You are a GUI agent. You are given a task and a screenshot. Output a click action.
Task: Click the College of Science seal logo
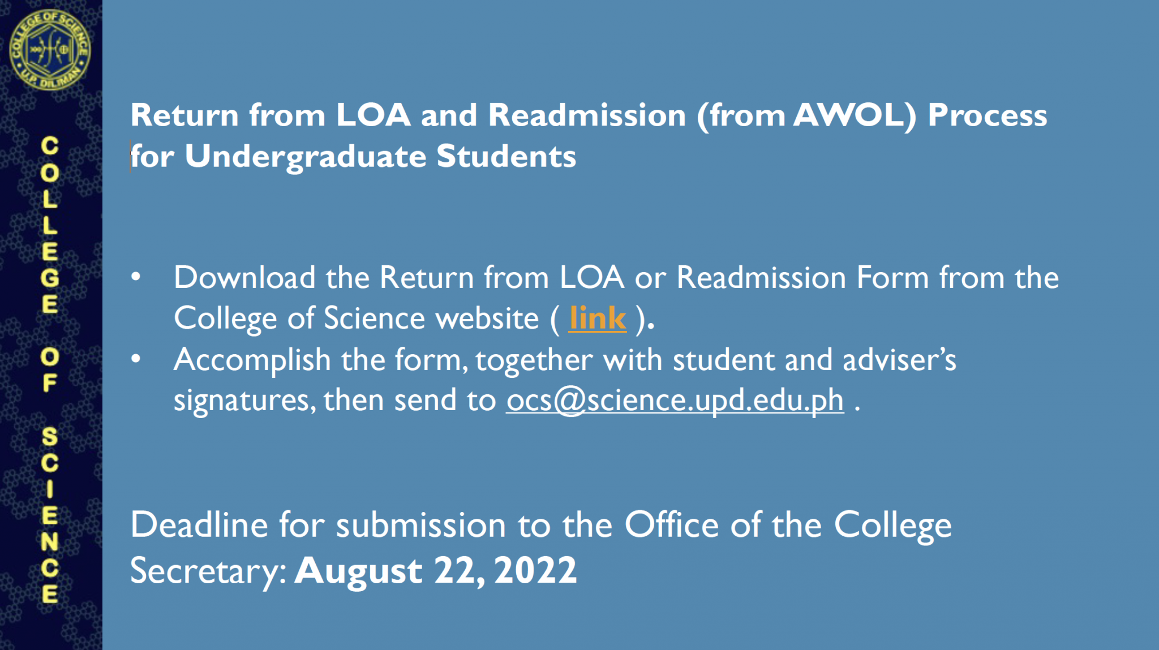tap(50, 50)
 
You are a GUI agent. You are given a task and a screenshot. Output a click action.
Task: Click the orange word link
tap(598, 318)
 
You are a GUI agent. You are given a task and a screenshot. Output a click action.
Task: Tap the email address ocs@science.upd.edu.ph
tap(675, 401)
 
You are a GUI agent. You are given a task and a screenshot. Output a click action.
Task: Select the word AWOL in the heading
tap(855, 115)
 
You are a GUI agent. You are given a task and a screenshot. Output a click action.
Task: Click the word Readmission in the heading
tap(587, 115)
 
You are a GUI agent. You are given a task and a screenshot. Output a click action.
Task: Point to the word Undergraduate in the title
tap(306, 157)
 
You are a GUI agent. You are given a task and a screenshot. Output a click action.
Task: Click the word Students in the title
tap(506, 156)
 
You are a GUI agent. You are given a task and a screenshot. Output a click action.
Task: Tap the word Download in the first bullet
tap(244, 277)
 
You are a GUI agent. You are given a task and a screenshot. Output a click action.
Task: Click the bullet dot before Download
tap(136, 277)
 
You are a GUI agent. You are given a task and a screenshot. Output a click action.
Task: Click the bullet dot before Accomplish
tap(136, 359)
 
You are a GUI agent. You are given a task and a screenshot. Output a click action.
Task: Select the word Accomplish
tap(252, 360)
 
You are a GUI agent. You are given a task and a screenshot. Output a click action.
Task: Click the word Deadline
tap(199, 524)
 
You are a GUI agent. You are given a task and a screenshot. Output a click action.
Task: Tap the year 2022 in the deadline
tap(535, 570)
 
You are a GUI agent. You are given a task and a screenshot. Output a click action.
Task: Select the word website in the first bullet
tap(487, 318)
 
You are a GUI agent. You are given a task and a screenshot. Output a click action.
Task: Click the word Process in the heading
tap(988, 115)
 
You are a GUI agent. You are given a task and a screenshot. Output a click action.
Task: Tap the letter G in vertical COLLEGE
tap(50, 278)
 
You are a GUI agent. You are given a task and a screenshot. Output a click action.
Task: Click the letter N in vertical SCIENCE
tap(50, 542)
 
